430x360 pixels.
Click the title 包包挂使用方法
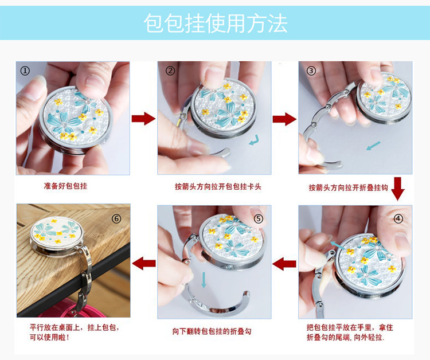click(216, 24)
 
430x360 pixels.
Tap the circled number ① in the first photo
click(25, 71)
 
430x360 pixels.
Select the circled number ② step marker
click(170, 71)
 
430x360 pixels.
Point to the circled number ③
click(311, 71)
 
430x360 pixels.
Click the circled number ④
click(398, 218)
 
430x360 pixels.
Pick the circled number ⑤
click(259, 218)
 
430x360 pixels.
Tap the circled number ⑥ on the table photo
click(116, 218)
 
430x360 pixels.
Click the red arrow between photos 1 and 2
click(143, 119)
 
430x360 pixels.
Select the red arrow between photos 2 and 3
click(284, 119)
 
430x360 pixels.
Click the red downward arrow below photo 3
click(398, 189)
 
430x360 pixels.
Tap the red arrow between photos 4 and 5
click(284, 264)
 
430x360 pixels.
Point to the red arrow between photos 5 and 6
click(144, 264)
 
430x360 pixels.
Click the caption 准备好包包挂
click(65, 186)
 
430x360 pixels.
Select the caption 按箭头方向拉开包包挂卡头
click(218, 187)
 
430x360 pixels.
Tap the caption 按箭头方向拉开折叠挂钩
click(348, 187)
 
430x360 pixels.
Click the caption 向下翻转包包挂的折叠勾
click(212, 331)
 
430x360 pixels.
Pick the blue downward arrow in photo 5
click(203, 280)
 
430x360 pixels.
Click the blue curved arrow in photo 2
click(254, 140)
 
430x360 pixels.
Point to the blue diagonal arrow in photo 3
click(373, 146)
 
